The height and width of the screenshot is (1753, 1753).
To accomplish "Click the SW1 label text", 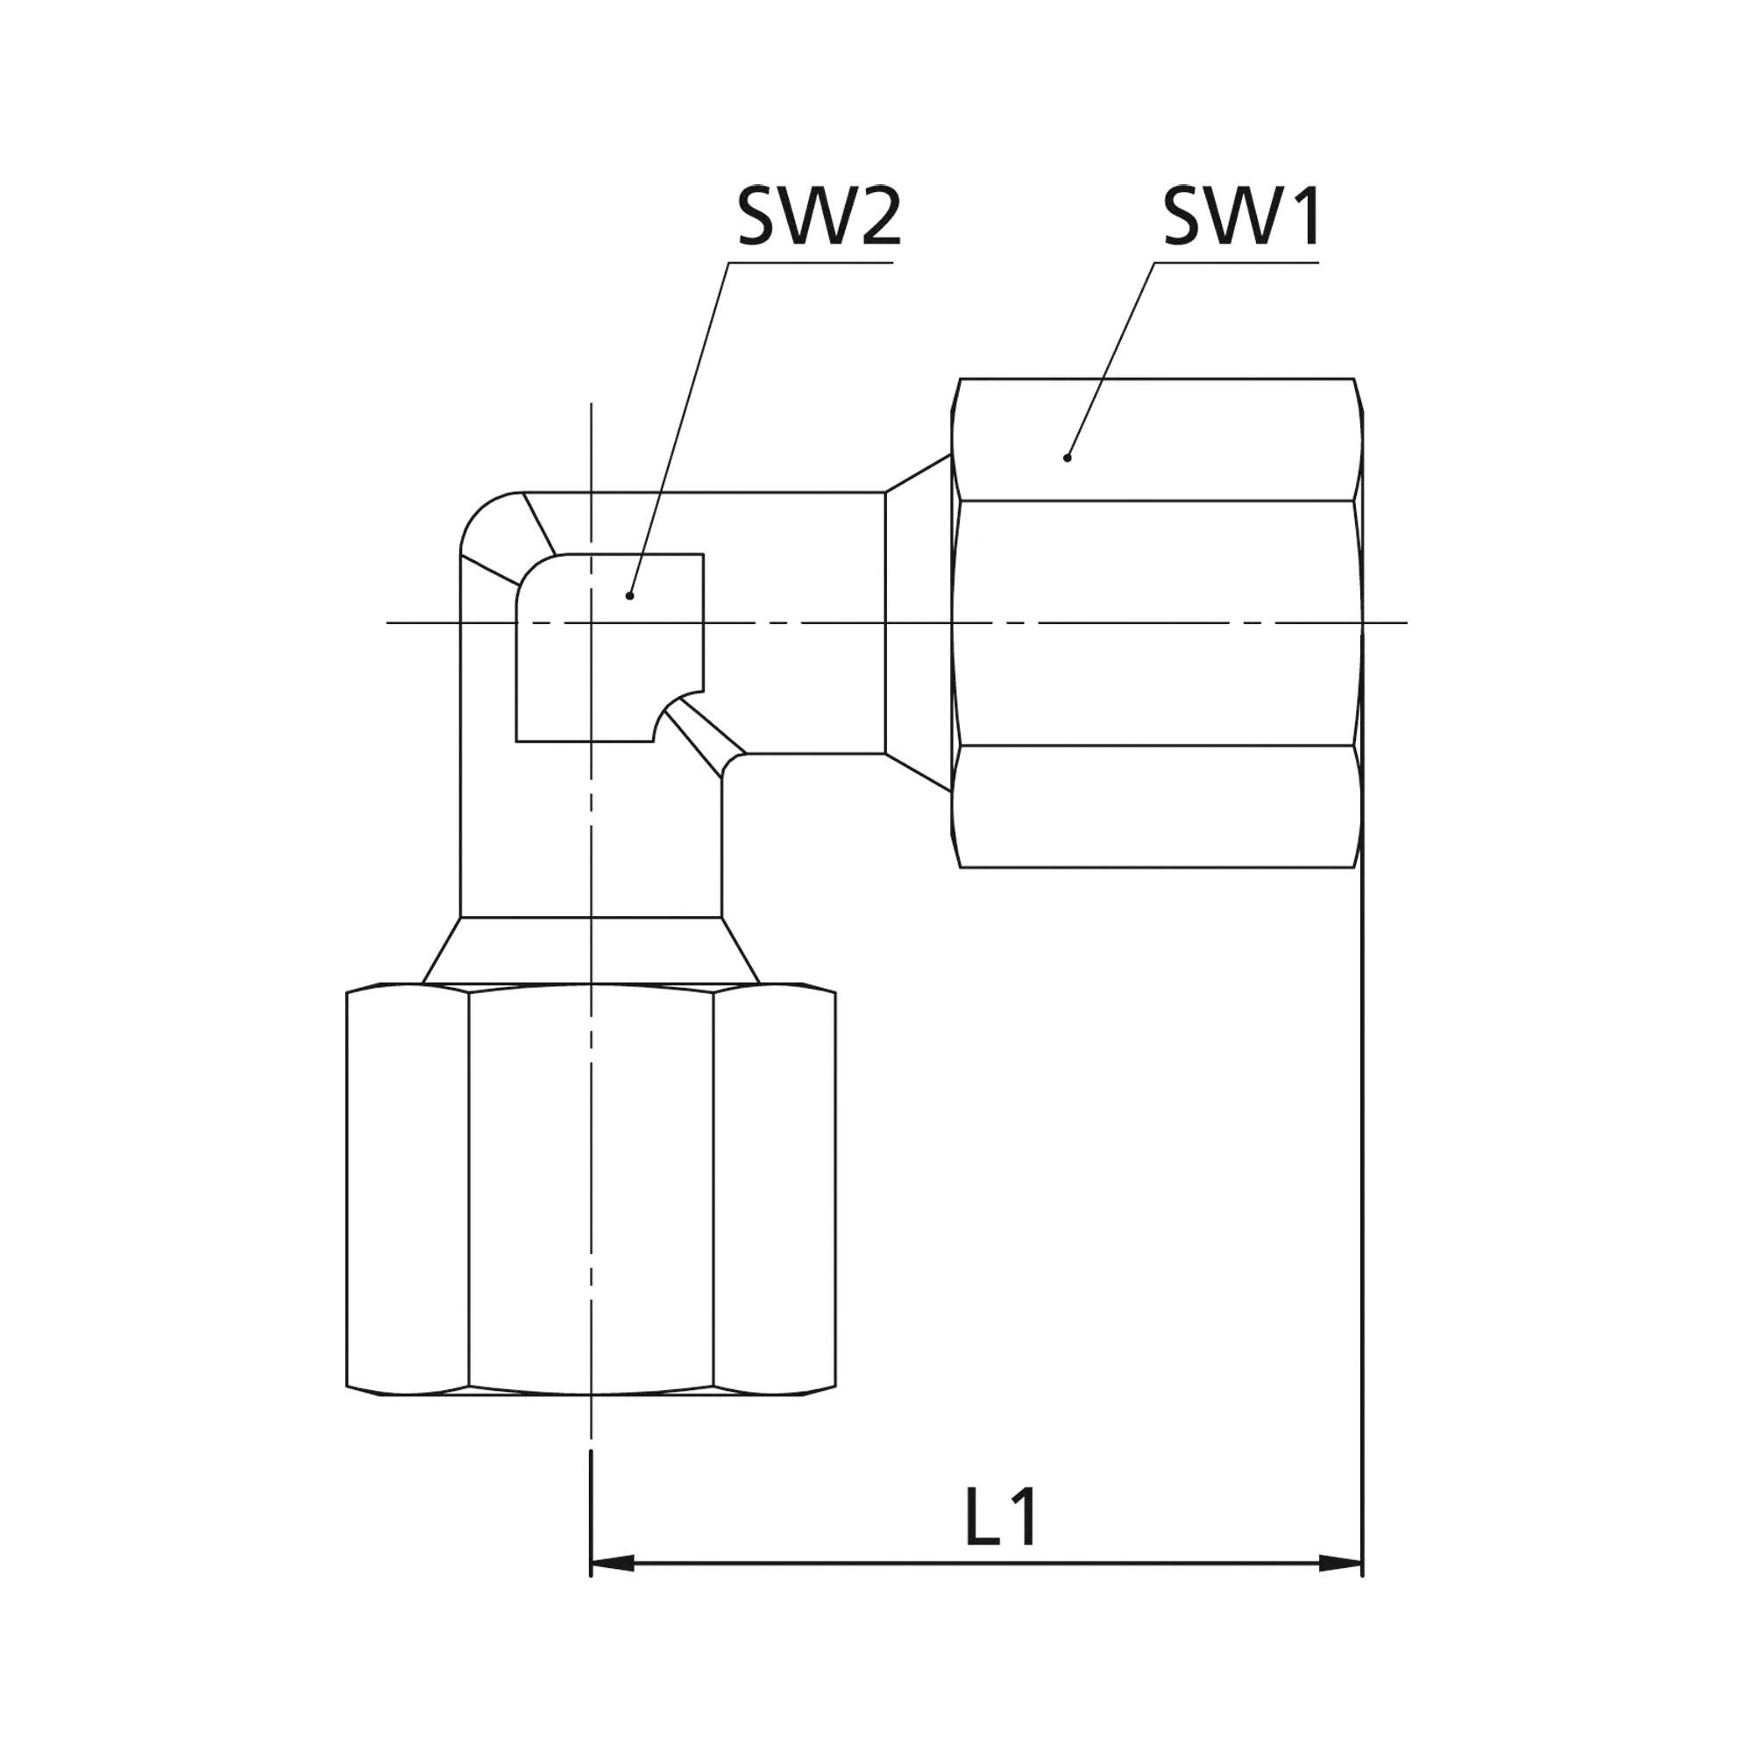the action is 1241,216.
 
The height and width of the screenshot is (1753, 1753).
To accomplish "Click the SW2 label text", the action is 820,216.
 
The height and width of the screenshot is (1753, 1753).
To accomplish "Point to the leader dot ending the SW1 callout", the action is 1067,458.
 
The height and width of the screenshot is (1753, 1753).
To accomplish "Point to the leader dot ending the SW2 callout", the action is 629,596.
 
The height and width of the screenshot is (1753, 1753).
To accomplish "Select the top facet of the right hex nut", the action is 1157,439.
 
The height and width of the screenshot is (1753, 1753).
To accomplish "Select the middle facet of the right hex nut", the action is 1157,623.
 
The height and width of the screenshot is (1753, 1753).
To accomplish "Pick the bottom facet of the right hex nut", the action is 1157,806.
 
